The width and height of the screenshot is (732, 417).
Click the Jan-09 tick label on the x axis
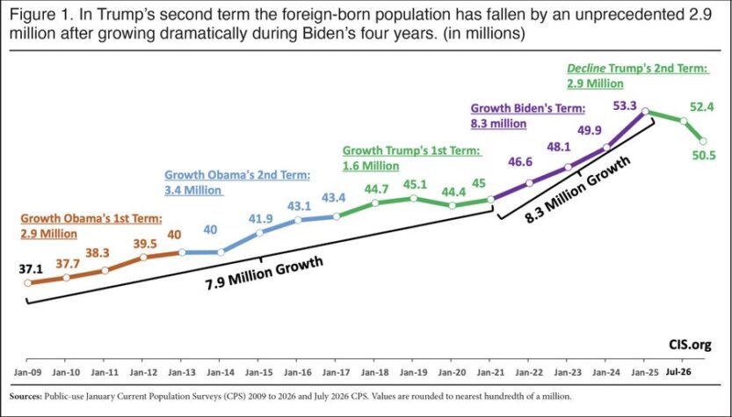pos(26,372)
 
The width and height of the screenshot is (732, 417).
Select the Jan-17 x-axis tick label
pos(335,372)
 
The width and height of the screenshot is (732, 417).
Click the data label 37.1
pos(31,269)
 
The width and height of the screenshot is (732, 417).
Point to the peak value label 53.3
pos(625,106)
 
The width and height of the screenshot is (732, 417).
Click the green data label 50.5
pos(704,155)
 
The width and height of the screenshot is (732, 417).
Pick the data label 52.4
pos(701,107)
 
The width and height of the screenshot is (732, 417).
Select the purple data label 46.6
pos(519,162)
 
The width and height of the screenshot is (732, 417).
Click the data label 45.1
pos(415,185)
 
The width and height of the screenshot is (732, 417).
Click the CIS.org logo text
pos(689,345)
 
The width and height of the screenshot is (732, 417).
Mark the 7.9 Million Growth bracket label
pos(265,274)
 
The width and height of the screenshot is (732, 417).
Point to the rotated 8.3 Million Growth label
pos(578,189)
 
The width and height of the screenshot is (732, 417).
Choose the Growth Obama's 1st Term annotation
pos(91,225)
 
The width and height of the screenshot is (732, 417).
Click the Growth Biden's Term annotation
pos(527,116)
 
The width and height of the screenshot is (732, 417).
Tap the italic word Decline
pos(586,69)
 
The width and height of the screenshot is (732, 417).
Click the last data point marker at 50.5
pos(703,141)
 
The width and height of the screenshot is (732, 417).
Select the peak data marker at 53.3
pos(645,111)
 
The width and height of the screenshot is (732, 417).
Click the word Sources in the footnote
pos(25,397)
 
